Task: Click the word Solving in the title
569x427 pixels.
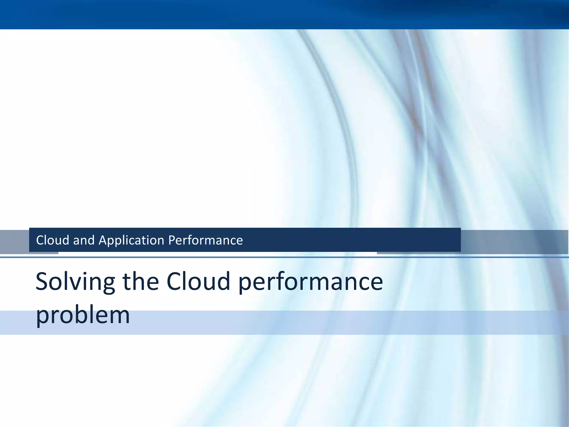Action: [x=75, y=282]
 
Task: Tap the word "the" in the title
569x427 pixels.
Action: [x=140, y=282]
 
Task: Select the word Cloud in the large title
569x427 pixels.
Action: [x=198, y=282]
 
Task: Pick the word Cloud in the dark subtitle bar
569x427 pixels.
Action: [x=53, y=240]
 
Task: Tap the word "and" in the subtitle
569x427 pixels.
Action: [x=84, y=240]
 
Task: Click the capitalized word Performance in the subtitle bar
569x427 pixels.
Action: [x=206, y=240]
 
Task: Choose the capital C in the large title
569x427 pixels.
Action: [x=176, y=282]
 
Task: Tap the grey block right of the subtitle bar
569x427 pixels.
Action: [x=514, y=241]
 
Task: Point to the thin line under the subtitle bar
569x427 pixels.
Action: [x=284, y=257]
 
